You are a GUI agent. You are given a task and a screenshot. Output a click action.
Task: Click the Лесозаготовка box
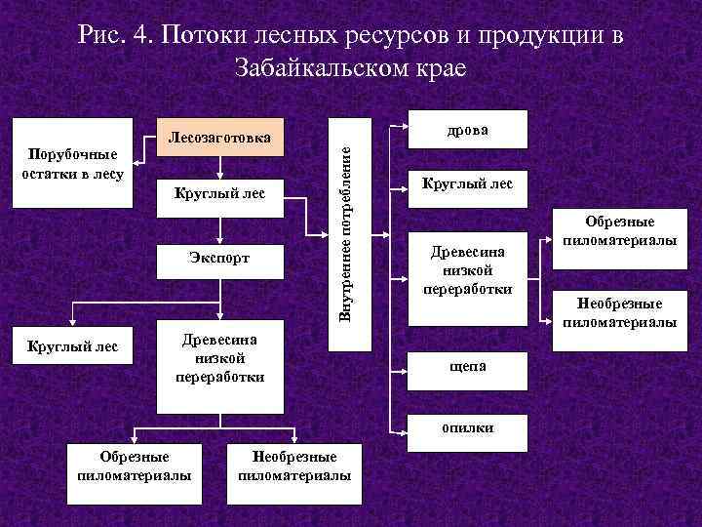pyautogui.click(x=219, y=139)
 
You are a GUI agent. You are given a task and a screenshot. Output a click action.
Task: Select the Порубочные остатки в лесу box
pyautogui.click(x=67, y=164)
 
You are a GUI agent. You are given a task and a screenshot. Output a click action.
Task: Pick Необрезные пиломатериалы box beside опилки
pyautogui.click(x=294, y=466)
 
